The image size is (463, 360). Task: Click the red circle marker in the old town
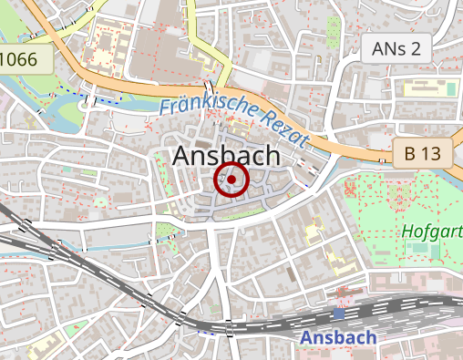[231, 180]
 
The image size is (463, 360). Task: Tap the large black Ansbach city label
[226, 156]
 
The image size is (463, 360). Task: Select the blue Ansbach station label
[338, 337]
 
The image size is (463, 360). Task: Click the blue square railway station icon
[339, 313]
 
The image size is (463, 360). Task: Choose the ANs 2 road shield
[396, 48]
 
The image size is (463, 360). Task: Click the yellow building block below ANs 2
[427, 88]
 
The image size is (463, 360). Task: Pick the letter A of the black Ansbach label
[183, 157]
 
